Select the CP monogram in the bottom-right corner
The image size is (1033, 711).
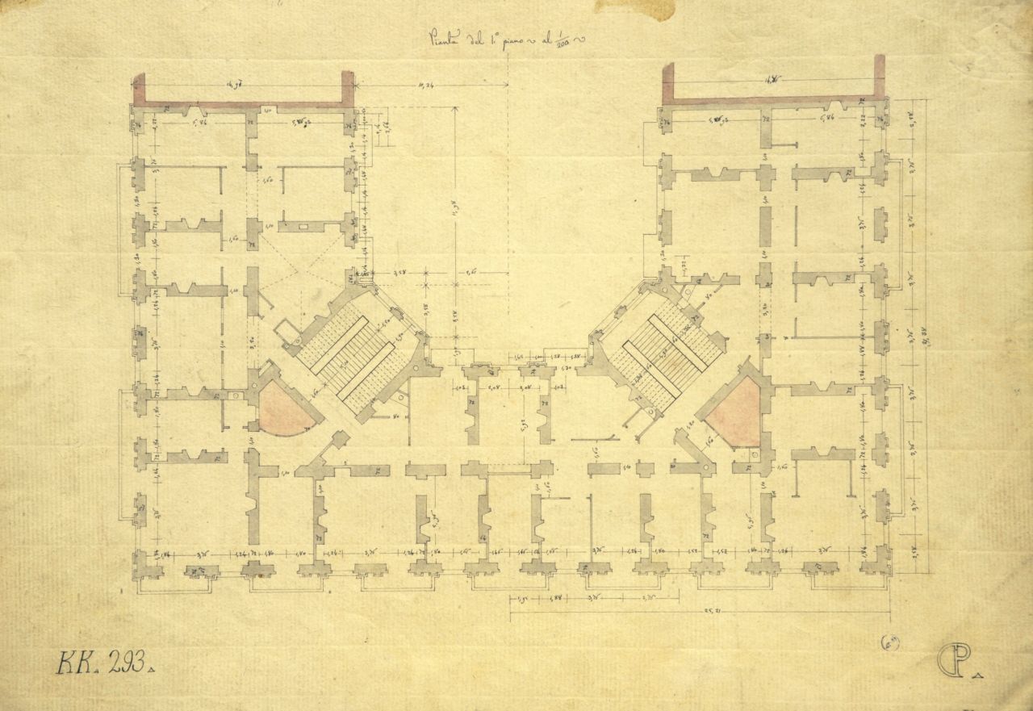click(x=952, y=662)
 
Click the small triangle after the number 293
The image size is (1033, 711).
click(x=153, y=669)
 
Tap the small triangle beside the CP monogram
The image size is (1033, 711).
click(x=979, y=673)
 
